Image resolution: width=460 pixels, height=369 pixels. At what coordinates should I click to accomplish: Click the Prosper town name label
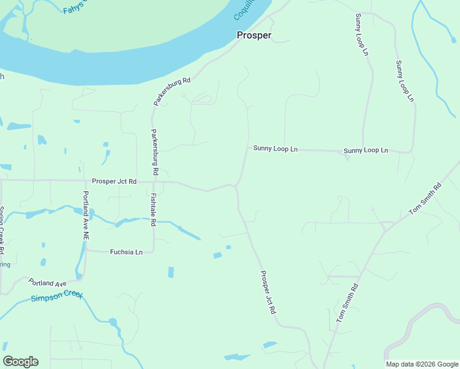[254, 35]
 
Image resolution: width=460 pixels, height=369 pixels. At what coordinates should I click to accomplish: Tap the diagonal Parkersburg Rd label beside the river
[173, 91]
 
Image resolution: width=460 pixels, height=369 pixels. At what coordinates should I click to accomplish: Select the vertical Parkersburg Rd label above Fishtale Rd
[155, 151]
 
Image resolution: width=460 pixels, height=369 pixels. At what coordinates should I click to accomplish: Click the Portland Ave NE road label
[86, 215]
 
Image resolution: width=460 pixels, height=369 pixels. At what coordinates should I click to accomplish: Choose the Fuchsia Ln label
[126, 252]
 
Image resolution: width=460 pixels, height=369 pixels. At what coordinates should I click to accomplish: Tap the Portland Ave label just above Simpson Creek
[47, 283]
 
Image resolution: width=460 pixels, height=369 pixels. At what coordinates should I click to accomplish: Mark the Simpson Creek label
[57, 298]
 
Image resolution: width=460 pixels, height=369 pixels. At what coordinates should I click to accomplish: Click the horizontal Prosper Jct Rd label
[114, 182]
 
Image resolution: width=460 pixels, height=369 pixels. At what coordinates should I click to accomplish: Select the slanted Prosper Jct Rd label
[268, 293]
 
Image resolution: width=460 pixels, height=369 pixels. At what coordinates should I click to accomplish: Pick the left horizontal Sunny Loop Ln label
[276, 149]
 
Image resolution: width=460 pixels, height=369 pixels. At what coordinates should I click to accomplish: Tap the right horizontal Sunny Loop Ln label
[366, 151]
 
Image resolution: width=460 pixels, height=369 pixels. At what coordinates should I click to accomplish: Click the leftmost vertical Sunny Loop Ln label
[361, 34]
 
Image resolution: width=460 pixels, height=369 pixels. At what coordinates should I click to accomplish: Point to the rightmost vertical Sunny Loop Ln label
[405, 81]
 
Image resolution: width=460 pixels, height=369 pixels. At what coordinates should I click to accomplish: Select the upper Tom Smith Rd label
[425, 198]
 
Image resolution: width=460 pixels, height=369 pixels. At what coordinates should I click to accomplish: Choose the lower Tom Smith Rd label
[346, 304]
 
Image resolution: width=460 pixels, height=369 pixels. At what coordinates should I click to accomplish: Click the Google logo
[20, 362]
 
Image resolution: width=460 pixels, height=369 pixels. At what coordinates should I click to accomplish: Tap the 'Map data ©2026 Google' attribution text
[421, 364]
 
